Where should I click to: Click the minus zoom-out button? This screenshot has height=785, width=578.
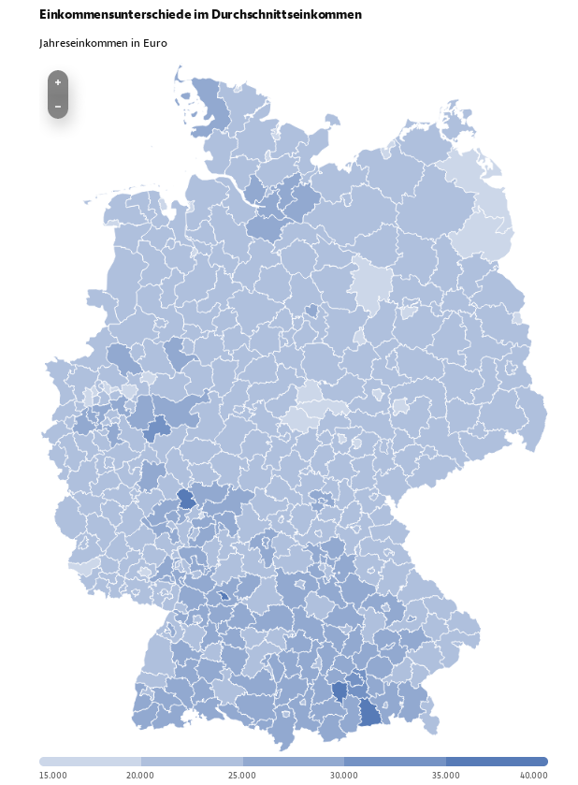[58, 107]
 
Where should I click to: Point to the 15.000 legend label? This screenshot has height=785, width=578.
[53, 775]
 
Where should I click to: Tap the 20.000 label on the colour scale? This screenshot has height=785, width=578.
[140, 775]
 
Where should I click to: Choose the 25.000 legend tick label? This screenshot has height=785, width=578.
[242, 775]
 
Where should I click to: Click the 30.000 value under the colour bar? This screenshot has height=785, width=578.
[344, 775]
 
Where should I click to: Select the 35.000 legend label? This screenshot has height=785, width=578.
[446, 775]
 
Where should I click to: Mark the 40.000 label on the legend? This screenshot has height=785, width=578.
[534, 775]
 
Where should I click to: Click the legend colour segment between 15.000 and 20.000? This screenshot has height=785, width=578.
[90, 762]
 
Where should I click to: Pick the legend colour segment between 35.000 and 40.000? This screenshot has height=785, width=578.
[497, 762]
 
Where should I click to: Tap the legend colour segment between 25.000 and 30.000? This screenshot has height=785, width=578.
[293, 762]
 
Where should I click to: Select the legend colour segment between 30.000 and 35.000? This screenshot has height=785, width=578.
[395, 762]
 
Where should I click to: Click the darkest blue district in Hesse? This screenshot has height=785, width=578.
[186, 498]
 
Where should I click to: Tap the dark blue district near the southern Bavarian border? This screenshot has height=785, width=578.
[370, 714]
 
